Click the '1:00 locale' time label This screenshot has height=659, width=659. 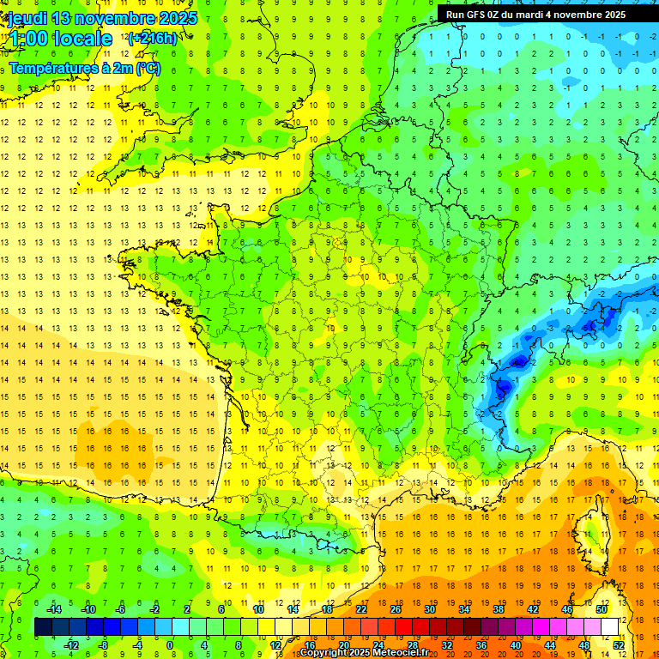[x=60, y=39]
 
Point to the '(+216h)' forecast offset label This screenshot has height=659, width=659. [x=152, y=38]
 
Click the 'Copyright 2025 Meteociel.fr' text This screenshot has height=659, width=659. [x=364, y=653]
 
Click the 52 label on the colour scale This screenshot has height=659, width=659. [x=619, y=644]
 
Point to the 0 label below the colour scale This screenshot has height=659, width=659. [x=169, y=644]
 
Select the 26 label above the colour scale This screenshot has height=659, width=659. [x=396, y=609]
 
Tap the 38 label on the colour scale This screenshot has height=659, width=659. [x=499, y=609]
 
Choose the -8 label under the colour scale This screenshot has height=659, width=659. [x=104, y=644]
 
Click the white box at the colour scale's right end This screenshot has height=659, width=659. [x=610, y=627]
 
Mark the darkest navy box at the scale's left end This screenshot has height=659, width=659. [x=43, y=627]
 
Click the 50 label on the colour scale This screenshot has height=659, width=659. [x=602, y=609]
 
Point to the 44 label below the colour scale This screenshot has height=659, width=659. [x=550, y=644]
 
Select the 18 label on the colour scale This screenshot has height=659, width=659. [x=327, y=609]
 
